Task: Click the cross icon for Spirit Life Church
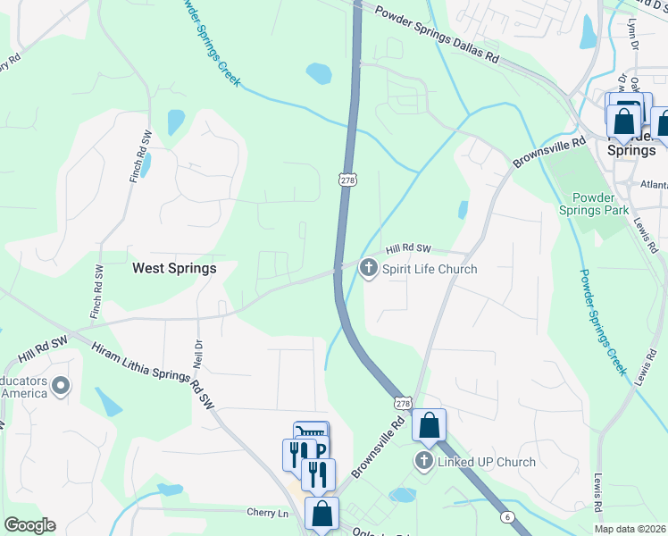369,267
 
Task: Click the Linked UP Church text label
486,462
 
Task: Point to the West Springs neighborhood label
174,267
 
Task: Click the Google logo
29,525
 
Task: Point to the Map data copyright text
630,530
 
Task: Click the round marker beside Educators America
61,386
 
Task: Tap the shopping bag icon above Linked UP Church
429,426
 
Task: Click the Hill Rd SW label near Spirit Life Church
408,250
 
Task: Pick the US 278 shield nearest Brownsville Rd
404,404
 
